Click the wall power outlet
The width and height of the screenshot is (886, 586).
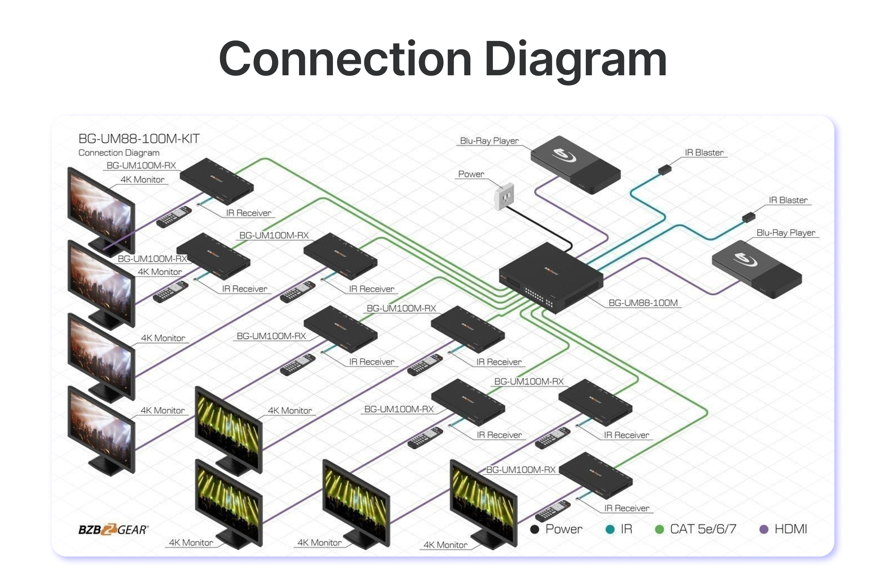pyautogui.click(x=504, y=197)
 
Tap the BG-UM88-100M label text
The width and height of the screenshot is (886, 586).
pyautogui.click(x=643, y=303)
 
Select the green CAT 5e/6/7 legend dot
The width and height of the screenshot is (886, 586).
pyautogui.click(x=660, y=529)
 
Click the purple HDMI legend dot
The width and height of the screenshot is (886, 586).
pyautogui.click(x=764, y=529)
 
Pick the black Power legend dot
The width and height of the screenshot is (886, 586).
pyautogui.click(x=535, y=529)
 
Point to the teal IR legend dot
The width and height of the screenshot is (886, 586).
pyautogui.click(x=610, y=529)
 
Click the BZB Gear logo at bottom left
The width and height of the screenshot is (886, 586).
pyautogui.click(x=113, y=530)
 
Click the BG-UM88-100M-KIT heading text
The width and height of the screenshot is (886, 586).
pyautogui.click(x=139, y=139)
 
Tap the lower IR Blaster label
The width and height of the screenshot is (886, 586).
pyautogui.click(x=788, y=200)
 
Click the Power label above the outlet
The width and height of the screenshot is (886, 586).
pyautogui.click(x=471, y=174)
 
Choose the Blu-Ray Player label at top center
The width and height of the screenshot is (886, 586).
pyautogui.click(x=489, y=141)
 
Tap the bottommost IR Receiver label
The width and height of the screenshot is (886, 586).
pyautogui.click(x=626, y=508)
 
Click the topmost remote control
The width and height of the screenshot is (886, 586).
pyautogui.click(x=174, y=217)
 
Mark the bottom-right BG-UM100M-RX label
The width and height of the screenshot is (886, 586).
pyautogui.click(x=521, y=470)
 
